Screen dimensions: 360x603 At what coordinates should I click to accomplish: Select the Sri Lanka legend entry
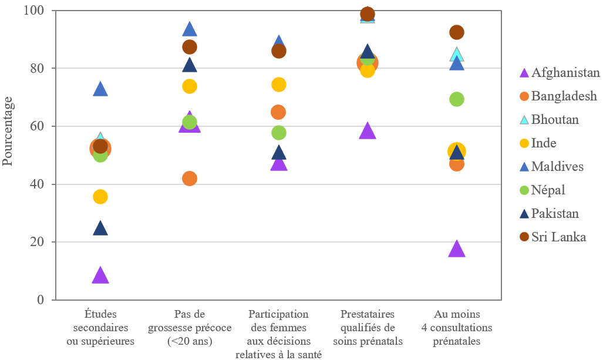(558, 237)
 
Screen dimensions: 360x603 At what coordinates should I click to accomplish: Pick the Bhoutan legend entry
(555, 120)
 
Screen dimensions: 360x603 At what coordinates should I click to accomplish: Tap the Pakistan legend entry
(555, 214)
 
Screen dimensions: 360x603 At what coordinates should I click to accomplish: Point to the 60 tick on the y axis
(43, 126)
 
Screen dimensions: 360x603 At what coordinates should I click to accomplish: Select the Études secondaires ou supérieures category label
(100, 327)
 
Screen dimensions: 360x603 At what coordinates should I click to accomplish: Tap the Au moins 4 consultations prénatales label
(457, 327)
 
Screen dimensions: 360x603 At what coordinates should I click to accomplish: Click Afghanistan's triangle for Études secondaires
(100, 275)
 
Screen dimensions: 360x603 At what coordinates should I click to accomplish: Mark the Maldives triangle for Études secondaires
(100, 89)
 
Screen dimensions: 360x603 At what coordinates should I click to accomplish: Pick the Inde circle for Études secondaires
(100, 197)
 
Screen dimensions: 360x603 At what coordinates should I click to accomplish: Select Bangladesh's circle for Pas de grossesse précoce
(190, 179)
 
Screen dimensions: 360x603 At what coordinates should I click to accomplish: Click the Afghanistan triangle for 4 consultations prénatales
(457, 249)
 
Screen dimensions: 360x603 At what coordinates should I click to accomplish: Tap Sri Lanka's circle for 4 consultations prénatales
(457, 32)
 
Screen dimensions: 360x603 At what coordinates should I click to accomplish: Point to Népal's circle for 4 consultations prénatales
(457, 99)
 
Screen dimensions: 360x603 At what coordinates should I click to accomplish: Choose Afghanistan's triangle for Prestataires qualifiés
(368, 131)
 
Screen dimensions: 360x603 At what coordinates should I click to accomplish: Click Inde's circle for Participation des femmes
(279, 85)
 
